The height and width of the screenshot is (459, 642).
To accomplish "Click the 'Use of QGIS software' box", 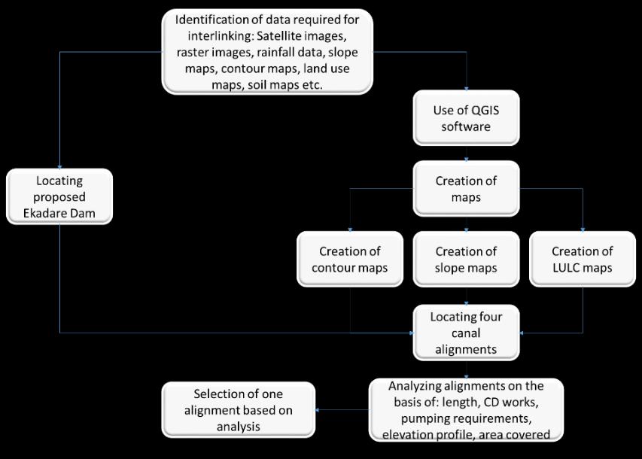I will coord(466,118).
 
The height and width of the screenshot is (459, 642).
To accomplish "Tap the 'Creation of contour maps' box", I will coord(349,260).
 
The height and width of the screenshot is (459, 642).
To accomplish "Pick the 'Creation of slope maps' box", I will coord(466,260).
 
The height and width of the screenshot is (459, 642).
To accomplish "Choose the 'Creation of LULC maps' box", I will coord(582,260).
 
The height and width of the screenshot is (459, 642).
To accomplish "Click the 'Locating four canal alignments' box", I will coord(466,331).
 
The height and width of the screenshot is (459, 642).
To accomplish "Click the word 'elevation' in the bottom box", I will coord(407,433).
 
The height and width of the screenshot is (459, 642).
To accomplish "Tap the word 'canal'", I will coord(466,331).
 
